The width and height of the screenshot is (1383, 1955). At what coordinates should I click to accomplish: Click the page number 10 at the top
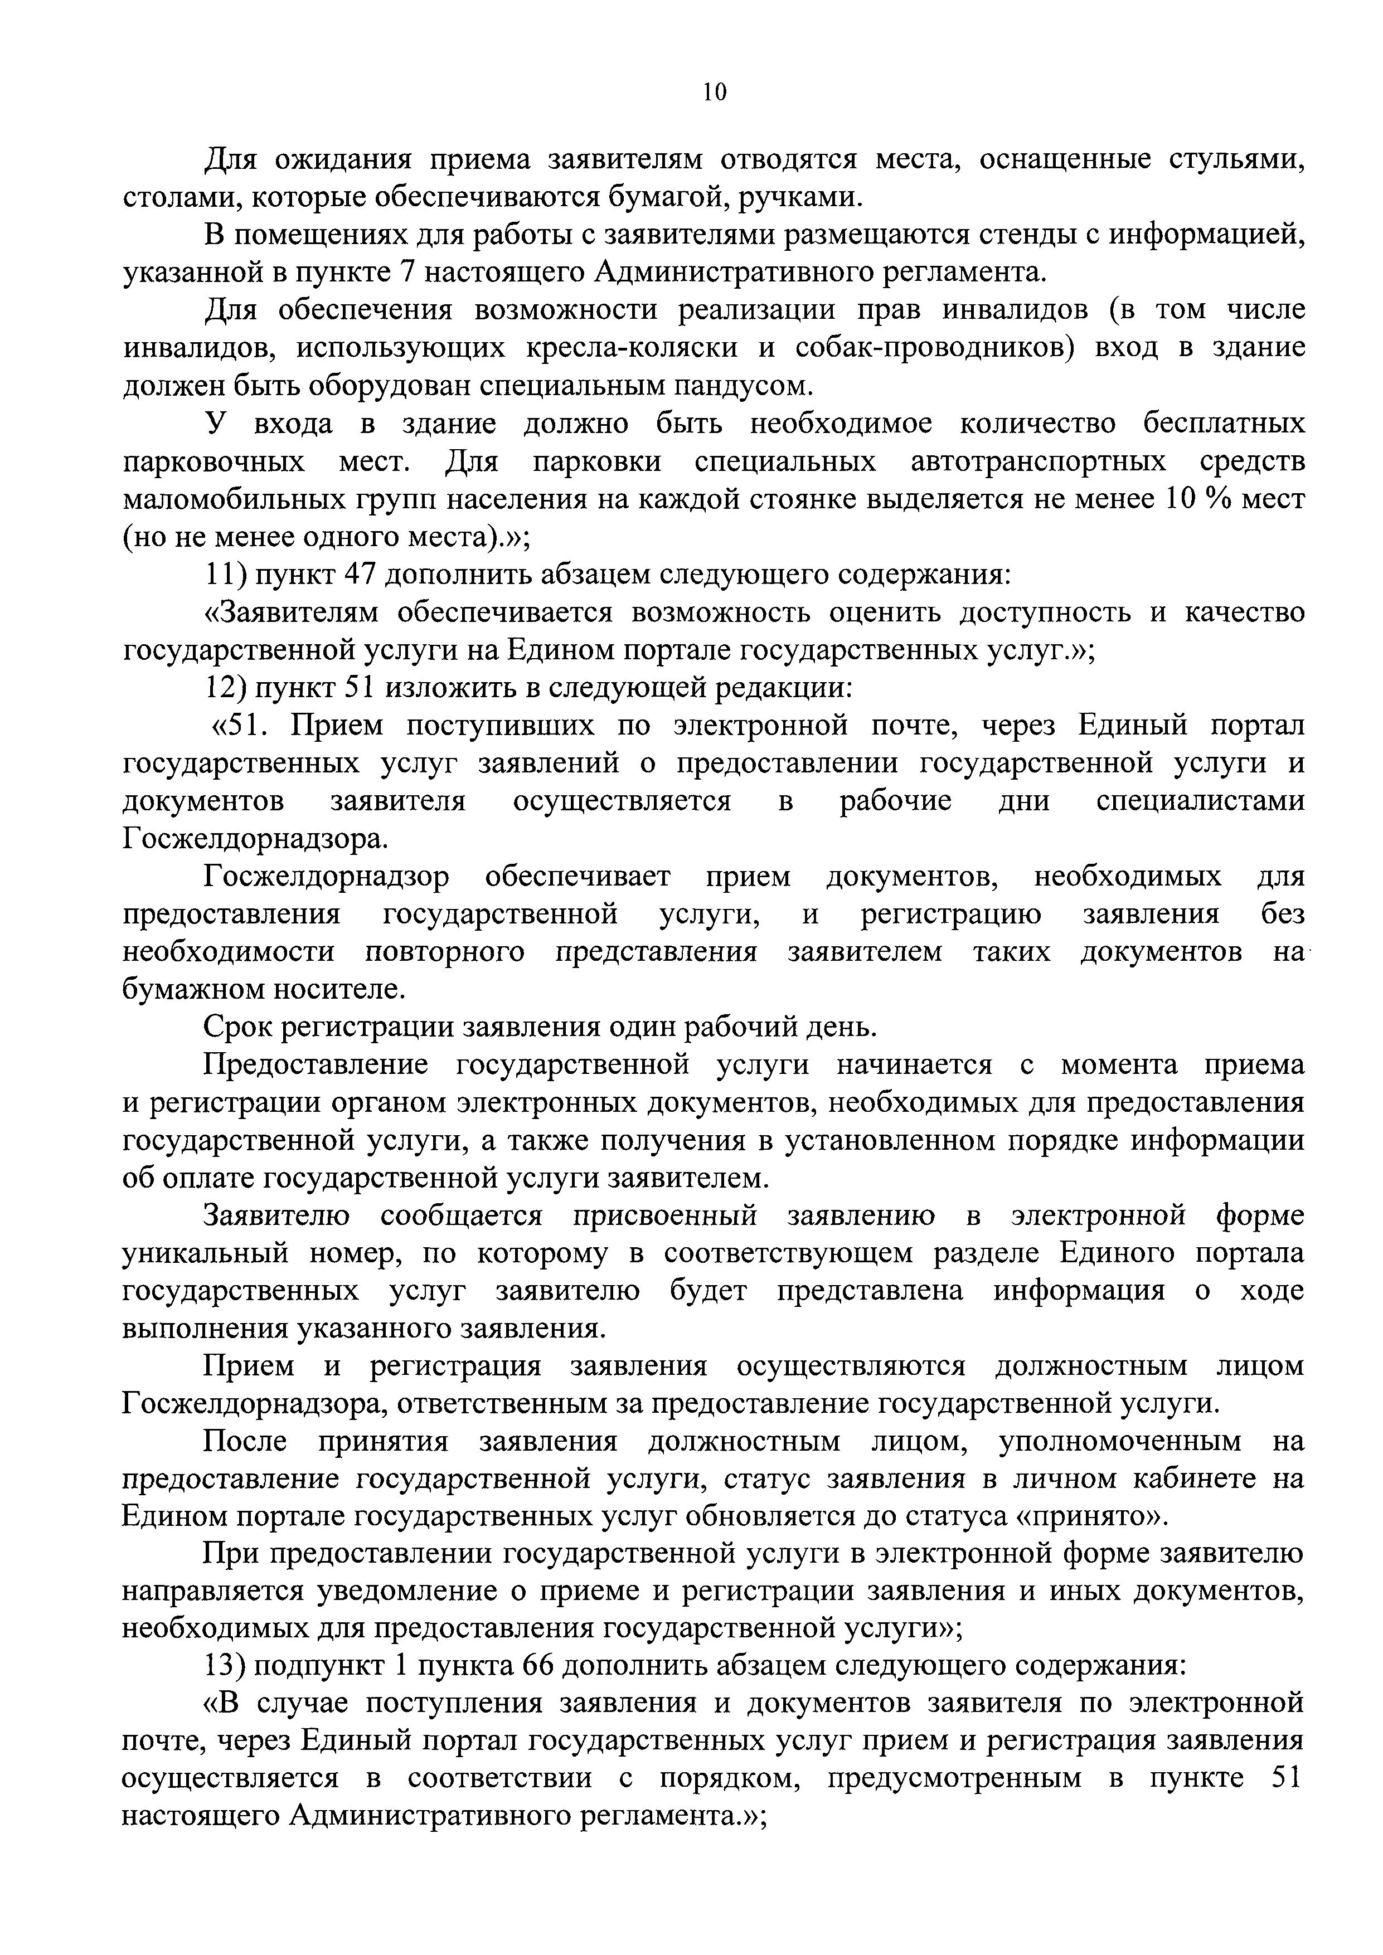[715, 92]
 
